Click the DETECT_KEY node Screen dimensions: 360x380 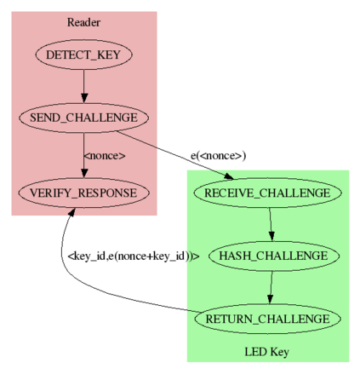[83, 55]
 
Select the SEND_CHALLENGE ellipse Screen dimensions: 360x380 [83, 118]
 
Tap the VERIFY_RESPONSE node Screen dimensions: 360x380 [83, 193]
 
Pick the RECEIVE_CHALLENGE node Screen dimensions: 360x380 [267, 193]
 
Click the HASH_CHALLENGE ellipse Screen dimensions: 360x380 [274, 256]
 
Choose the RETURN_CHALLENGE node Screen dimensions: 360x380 [267, 319]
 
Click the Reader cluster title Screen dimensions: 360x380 [83, 22]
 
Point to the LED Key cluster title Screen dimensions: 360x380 [267, 352]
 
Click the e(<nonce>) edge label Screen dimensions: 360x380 [218, 156]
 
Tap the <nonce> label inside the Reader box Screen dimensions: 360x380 [105, 156]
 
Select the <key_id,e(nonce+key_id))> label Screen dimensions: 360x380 [134, 256]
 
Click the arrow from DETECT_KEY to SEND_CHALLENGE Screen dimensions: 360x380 [83, 86]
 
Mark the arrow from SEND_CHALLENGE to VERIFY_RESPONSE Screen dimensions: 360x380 [83, 155]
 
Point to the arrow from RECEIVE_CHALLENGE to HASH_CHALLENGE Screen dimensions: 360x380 [271, 224]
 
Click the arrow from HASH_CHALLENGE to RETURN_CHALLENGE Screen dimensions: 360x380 [271, 287]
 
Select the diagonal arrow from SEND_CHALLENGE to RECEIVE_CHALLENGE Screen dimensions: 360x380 [175, 155]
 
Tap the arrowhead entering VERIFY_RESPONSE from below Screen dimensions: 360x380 [71, 212]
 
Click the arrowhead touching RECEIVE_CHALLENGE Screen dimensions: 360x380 [228, 176]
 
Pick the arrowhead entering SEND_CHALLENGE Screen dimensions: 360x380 [83, 98]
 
